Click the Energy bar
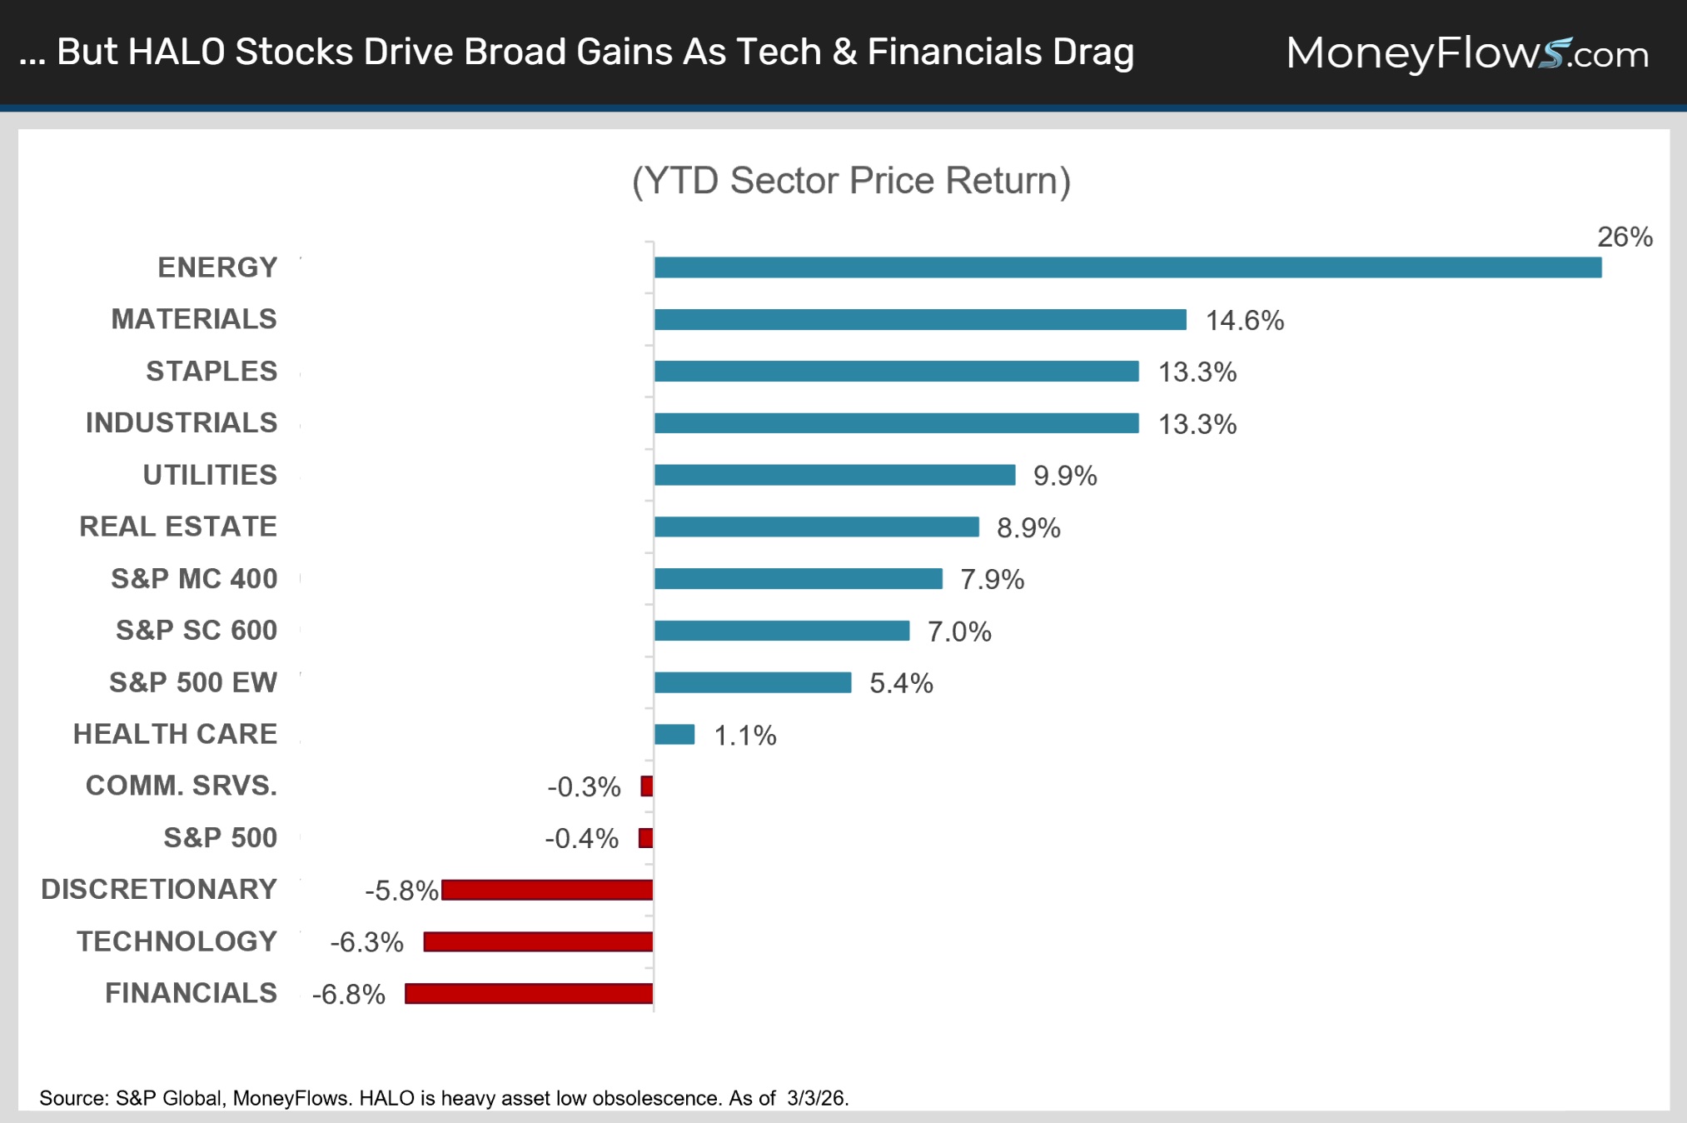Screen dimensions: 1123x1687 click(x=1127, y=267)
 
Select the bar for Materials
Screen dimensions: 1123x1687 click(x=920, y=319)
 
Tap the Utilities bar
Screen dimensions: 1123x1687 click(x=834, y=475)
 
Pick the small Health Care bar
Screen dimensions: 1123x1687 click(x=674, y=734)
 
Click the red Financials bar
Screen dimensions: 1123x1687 click(x=529, y=994)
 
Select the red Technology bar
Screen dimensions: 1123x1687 click(x=538, y=941)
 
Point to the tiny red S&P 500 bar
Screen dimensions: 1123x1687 click(x=646, y=838)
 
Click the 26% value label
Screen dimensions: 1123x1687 click(x=1625, y=237)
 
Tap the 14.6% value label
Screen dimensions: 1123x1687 click(x=1245, y=321)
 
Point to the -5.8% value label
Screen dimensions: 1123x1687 click(x=401, y=891)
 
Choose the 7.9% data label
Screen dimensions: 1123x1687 click(x=992, y=580)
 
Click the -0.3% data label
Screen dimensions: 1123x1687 click(x=584, y=786)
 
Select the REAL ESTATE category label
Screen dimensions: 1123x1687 click(x=178, y=527)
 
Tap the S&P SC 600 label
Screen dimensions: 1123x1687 click(x=197, y=631)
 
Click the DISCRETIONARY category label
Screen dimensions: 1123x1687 click(x=159, y=890)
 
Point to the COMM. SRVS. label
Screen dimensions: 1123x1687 click(x=182, y=786)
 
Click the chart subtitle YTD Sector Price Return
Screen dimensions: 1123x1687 click(x=851, y=181)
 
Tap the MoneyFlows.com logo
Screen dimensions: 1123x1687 click(x=1467, y=53)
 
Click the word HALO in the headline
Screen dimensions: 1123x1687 click(x=177, y=52)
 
